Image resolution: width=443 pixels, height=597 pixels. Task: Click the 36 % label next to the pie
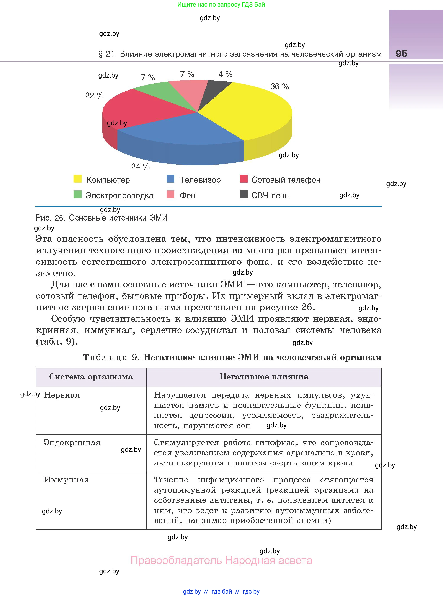[280, 86]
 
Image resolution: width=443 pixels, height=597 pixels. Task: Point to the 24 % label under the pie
[140, 167]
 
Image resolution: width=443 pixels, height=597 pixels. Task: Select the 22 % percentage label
[94, 96]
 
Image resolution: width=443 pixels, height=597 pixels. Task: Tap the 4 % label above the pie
[225, 74]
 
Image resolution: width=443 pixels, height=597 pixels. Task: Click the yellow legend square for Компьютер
[77, 179]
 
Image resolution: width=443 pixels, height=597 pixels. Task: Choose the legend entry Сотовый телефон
[286, 180]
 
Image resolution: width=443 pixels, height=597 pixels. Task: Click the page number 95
[401, 54]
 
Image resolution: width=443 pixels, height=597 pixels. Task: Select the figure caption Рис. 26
[101, 218]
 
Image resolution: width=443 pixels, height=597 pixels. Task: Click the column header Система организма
[91, 377]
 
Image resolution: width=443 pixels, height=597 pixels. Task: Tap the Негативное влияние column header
[264, 377]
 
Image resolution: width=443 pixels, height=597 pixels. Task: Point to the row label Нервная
[62, 395]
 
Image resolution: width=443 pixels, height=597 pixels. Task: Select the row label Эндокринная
[72, 442]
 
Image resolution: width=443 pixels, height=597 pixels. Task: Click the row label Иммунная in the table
[66, 480]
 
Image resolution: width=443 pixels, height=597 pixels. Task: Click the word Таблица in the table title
[105, 357]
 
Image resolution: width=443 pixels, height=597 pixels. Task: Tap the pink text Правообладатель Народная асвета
[221, 561]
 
